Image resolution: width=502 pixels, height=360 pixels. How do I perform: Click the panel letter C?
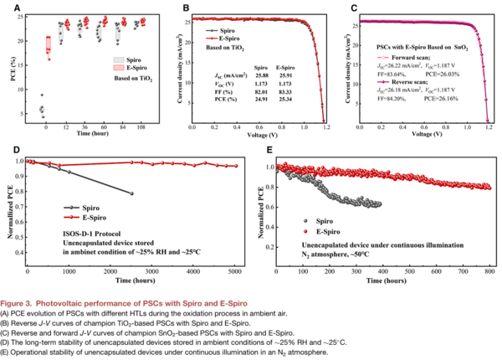(x=354, y=8)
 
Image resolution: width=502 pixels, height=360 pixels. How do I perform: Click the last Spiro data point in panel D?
(x=131, y=193)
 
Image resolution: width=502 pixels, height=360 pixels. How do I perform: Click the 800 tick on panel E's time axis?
(x=488, y=271)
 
